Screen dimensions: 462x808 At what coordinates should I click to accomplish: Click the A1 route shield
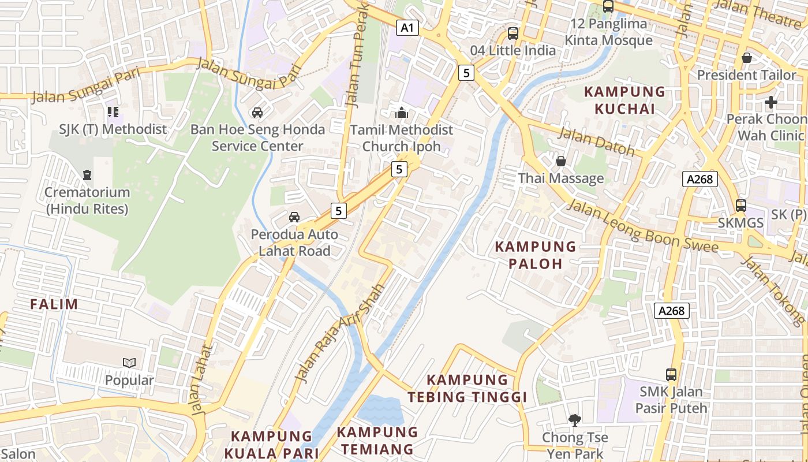(407, 28)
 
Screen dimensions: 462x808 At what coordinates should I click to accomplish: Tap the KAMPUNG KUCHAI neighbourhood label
(624, 100)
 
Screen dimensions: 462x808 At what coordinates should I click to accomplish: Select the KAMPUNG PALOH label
(536, 255)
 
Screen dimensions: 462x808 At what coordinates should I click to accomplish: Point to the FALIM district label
(54, 304)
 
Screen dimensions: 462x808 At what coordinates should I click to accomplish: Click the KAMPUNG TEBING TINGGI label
(467, 388)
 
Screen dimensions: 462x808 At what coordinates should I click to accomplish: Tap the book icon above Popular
(129, 363)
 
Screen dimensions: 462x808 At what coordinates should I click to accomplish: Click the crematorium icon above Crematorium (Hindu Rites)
(87, 174)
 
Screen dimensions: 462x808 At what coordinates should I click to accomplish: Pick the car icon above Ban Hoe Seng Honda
(257, 112)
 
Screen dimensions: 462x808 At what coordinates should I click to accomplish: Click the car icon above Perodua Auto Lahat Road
(294, 217)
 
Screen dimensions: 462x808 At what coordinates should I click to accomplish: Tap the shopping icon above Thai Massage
(560, 161)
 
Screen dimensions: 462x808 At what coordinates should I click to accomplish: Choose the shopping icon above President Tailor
(746, 58)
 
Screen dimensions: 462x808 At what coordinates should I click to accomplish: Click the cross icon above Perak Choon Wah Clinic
(770, 102)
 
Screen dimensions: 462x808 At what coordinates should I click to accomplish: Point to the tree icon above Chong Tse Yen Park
(574, 420)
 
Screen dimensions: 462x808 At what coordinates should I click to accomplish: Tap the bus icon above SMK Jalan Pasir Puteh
(671, 374)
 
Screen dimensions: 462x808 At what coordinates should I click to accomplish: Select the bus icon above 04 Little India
(513, 33)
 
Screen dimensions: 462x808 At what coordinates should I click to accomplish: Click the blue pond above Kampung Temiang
(380, 409)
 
